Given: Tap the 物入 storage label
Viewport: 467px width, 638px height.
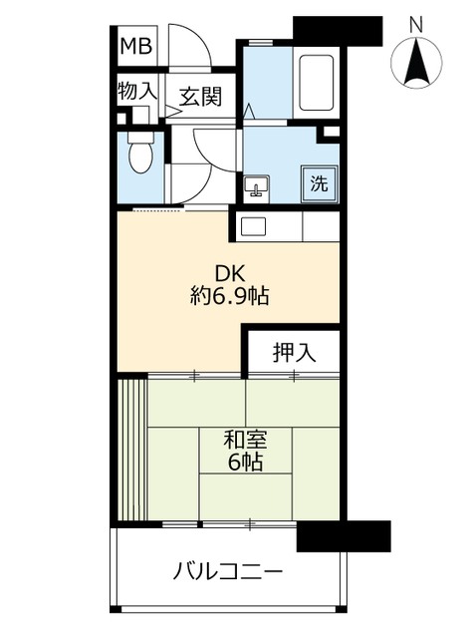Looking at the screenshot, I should [x=136, y=91].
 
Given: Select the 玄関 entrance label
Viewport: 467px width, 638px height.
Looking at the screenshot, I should [x=199, y=97].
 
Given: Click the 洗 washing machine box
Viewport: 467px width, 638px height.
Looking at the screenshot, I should [x=319, y=182].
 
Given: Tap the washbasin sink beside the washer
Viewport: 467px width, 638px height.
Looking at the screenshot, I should [x=257, y=186].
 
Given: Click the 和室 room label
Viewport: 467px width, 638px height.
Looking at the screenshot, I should [x=243, y=438].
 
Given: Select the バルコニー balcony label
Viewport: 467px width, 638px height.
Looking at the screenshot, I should [x=228, y=572].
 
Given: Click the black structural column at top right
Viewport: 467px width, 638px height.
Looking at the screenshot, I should [x=339, y=28].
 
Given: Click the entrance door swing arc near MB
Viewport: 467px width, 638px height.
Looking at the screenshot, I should [x=189, y=55].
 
